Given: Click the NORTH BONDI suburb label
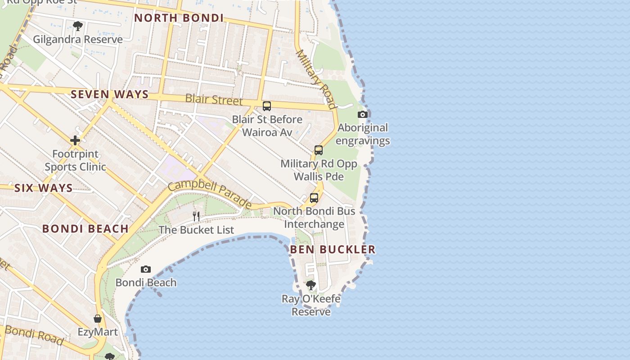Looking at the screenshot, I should click(179, 18).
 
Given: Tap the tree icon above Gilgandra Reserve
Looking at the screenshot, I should click(78, 26).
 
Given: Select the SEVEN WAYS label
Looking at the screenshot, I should click(109, 94).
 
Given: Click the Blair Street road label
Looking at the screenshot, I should click(214, 99).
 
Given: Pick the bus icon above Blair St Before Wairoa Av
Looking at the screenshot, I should click(267, 106).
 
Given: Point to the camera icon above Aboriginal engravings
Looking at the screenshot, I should click(363, 114).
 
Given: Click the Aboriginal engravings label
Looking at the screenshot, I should click(363, 134).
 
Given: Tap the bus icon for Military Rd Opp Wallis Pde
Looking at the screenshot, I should click(319, 150).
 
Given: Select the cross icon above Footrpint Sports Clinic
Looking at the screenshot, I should click(75, 140).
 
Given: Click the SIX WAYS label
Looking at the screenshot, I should click(43, 188).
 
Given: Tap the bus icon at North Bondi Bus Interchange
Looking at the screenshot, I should click(314, 198).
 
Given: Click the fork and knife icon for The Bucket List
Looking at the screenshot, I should click(196, 216).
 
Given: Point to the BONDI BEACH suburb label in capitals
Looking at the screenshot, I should click(85, 229).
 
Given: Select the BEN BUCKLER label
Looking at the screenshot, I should click(333, 249).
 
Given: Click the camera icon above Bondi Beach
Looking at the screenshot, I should click(146, 270).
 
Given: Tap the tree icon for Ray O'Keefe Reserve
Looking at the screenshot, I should click(310, 285).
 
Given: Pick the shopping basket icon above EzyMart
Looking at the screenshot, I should click(98, 319).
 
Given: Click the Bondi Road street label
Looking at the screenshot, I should click(34, 335).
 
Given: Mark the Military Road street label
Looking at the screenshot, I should click(316, 79).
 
